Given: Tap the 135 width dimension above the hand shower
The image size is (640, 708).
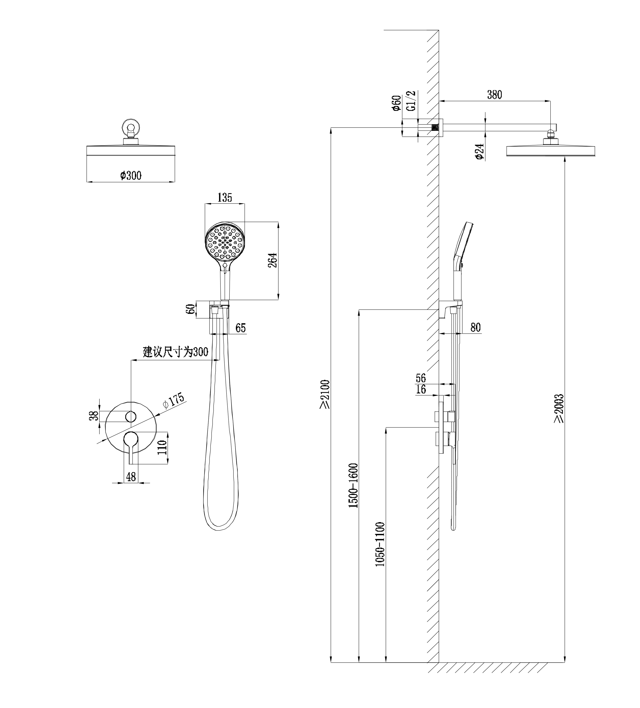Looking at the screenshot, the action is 225,198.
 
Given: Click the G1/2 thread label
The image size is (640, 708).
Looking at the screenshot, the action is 411,101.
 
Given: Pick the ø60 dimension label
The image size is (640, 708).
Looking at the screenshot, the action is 396,103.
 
